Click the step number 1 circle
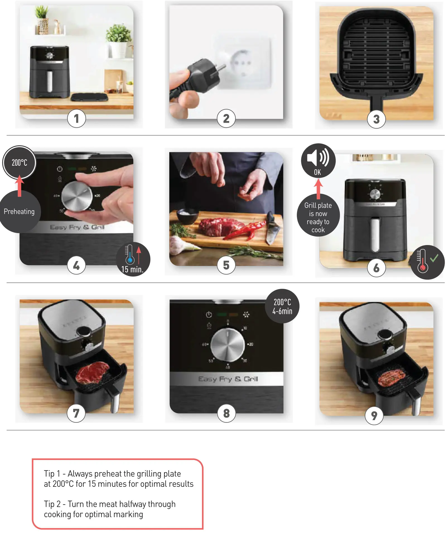(76, 118)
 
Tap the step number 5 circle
(226, 265)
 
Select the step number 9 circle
(374, 415)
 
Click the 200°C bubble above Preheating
(19, 162)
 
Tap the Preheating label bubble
(19, 212)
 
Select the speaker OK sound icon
(318, 160)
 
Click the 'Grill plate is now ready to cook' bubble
(318, 217)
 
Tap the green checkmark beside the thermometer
(434, 258)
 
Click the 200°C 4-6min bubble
(282, 306)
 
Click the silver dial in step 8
(227, 345)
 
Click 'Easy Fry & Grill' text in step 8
(228, 379)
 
